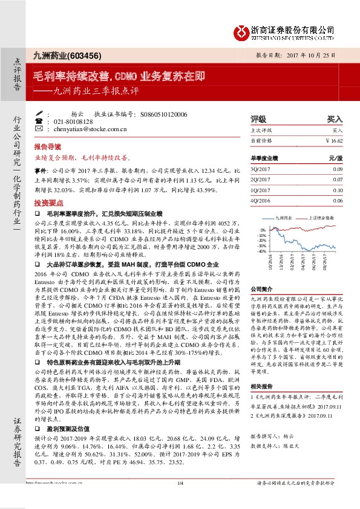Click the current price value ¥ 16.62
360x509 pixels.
[x=333, y=140]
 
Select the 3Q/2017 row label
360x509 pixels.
[x=259, y=169]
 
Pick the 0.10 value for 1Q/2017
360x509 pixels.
[x=337, y=190]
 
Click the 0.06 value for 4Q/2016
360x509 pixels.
[x=337, y=200]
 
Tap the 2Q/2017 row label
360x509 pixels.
[x=259, y=180]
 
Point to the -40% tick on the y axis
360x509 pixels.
[x=261, y=251]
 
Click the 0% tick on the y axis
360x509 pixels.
[x=263, y=230]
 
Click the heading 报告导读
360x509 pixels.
[x=47, y=147]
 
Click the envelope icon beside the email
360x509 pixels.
[x=39, y=129]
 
